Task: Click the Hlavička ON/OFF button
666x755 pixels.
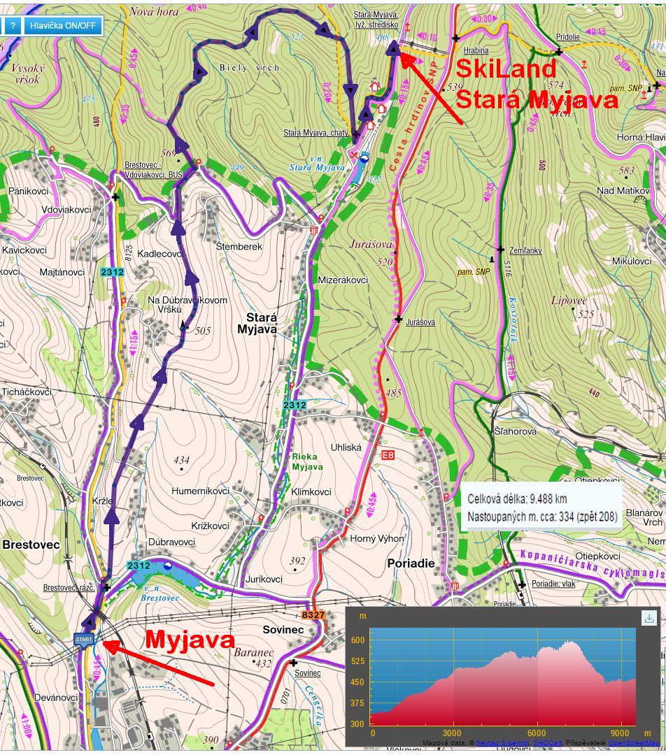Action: pos(63,25)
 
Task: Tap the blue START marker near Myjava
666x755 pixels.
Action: pos(83,639)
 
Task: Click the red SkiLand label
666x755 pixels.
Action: pos(506,69)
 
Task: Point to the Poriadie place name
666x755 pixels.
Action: pos(411,563)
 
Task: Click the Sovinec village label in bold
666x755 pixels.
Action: pos(282,629)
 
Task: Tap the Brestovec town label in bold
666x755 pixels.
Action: pos(30,545)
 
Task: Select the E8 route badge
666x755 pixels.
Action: pos(388,456)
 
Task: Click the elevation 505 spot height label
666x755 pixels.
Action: pos(202,331)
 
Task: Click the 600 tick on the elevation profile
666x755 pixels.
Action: pos(358,640)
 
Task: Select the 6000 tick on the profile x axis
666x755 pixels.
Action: pos(537,732)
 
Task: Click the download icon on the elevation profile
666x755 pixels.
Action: pos(649,618)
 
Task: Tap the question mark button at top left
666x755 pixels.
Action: pos(13,25)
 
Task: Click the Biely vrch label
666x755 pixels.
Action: pos(249,68)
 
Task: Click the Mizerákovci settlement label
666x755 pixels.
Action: pos(343,280)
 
